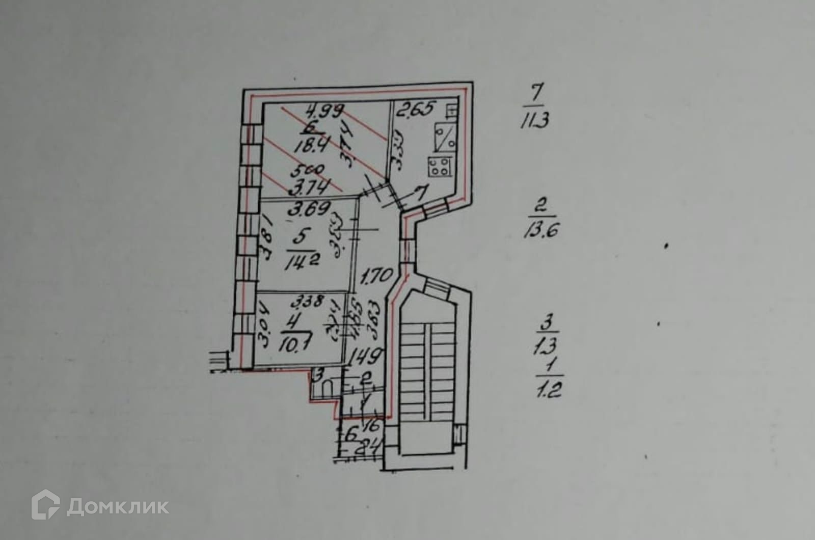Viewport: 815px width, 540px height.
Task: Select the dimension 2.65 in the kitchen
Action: pos(416,109)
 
